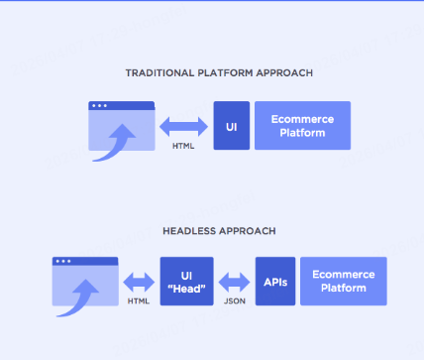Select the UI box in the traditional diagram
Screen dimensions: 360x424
coord(231,125)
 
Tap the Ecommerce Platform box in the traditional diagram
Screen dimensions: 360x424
coord(302,125)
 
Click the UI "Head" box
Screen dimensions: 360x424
coord(186,281)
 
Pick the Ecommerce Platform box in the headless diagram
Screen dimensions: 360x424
coord(343,281)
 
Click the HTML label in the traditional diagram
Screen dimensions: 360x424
coord(183,145)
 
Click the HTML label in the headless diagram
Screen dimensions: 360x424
coord(138,300)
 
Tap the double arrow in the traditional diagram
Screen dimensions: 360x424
coord(183,125)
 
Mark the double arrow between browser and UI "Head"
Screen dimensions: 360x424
coord(138,280)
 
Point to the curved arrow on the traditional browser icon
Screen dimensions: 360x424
coord(118,140)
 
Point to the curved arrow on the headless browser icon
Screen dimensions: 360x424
coord(77,296)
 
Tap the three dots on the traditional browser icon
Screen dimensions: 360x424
coord(98,106)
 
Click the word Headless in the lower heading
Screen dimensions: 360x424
coord(187,230)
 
